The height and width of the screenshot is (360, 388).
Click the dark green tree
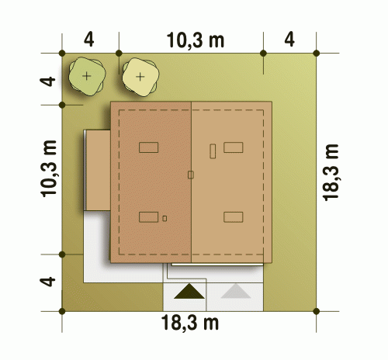87,76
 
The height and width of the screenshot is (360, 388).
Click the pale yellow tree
140,77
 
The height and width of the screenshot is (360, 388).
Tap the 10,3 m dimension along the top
196,40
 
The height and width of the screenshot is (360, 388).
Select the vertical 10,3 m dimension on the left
49,168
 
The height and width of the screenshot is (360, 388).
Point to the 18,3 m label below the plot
190,323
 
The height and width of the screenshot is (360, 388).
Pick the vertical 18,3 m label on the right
331,172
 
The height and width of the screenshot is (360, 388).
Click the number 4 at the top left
88,40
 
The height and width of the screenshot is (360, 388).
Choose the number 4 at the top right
289,40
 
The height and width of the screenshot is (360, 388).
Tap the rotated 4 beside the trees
47,81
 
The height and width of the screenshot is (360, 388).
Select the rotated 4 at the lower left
47,282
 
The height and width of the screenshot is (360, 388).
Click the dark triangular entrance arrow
189,291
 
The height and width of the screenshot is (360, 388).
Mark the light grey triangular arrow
236,291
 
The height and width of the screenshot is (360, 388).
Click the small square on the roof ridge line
191,175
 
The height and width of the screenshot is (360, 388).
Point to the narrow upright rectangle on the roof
213,151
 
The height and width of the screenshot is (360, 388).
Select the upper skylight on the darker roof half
149,147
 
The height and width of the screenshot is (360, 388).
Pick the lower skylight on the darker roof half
149,217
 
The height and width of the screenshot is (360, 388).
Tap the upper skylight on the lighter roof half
234,147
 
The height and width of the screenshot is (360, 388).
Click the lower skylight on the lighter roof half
234,217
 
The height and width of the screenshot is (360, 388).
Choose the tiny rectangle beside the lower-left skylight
165,219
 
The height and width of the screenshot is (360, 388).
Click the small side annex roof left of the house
98,170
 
